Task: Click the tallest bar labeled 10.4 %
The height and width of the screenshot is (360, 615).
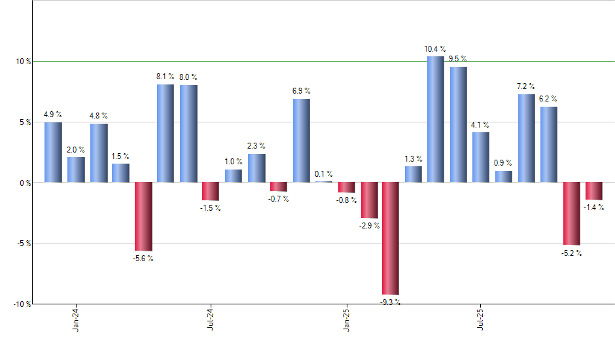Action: pyautogui.click(x=435, y=119)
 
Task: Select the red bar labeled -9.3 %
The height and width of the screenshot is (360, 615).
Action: pyautogui.click(x=391, y=238)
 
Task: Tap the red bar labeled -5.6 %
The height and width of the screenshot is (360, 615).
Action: pyautogui.click(x=143, y=216)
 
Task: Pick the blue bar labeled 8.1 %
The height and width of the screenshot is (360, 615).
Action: pyautogui.click(x=166, y=133)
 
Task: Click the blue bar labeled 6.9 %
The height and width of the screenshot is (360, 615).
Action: pyautogui.click(x=301, y=140)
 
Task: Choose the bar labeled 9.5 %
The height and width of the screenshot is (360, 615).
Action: pyautogui.click(x=458, y=124)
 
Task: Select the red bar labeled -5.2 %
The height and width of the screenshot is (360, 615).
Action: pyautogui.click(x=571, y=213)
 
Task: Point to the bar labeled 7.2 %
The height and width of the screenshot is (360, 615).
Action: pyautogui.click(x=526, y=138)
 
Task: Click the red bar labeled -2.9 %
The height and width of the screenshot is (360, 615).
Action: pyautogui.click(x=369, y=200)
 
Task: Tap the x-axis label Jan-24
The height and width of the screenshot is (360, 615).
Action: pyautogui.click(x=76, y=319)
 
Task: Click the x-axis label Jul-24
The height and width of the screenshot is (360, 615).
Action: pyautogui.click(x=211, y=319)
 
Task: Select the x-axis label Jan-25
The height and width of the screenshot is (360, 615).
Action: pyautogui.click(x=346, y=319)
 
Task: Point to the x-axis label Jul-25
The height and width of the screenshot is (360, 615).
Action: pyautogui.click(x=481, y=319)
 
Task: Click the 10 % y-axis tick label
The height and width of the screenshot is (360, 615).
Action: pyautogui.click(x=24, y=62)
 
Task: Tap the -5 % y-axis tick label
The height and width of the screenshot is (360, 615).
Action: pyautogui.click(x=24, y=243)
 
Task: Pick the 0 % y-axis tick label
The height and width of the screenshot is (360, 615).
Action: pyautogui.click(x=26, y=183)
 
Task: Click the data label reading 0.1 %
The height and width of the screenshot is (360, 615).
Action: pyautogui.click(x=323, y=174)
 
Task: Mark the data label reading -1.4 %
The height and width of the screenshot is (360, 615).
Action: pyautogui.click(x=594, y=207)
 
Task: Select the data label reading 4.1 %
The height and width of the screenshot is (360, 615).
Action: pyautogui.click(x=481, y=125)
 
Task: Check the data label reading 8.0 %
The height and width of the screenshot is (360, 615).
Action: pyautogui.click(x=188, y=77)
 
